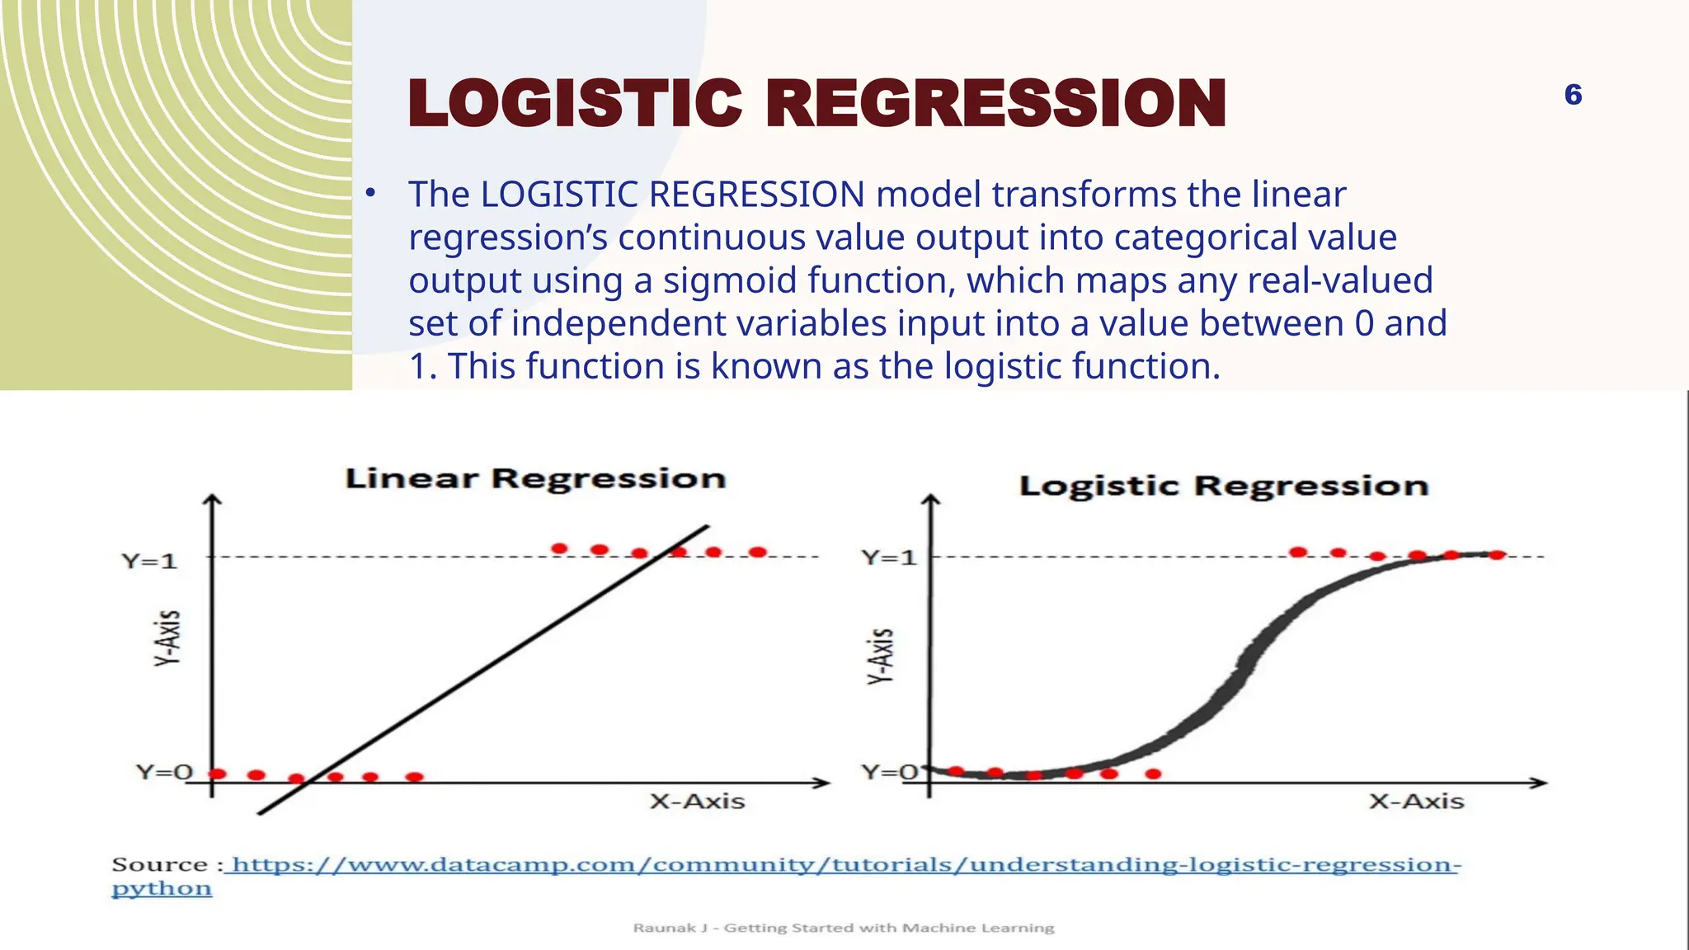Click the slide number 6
click(1573, 95)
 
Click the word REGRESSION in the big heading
click(996, 104)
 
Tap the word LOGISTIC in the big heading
click(575, 104)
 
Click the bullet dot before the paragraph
click(371, 194)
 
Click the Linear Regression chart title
click(535, 478)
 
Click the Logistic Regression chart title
click(1224, 486)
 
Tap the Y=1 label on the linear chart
click(150, 562)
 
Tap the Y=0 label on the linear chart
click(164, 772)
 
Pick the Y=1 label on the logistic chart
click(889, 557)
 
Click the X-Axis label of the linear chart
click(697, 802)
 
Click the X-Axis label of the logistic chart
click(1416, 802)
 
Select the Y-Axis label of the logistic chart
click(882, 656)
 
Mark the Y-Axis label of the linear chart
click(168, 637)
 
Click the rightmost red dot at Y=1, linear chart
click(758, 552)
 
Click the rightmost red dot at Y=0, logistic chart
click(1154, 774)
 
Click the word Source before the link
click(160, 865)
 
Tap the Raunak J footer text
click(844, 928)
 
